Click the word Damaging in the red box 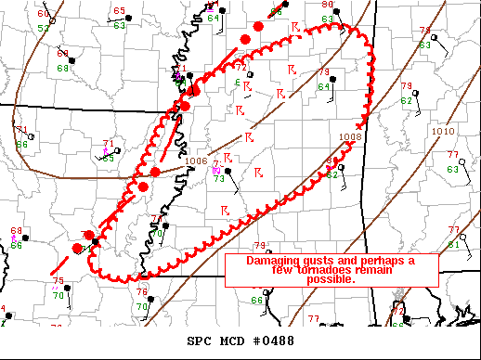tap(275, 260)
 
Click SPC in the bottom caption tap(200, 341)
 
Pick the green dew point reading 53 tap(43, 29)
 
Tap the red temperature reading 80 tap(327, 5)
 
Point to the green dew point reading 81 tap(454, 244)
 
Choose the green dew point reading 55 tap(108, 159)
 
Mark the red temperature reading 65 tap(118, 11)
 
